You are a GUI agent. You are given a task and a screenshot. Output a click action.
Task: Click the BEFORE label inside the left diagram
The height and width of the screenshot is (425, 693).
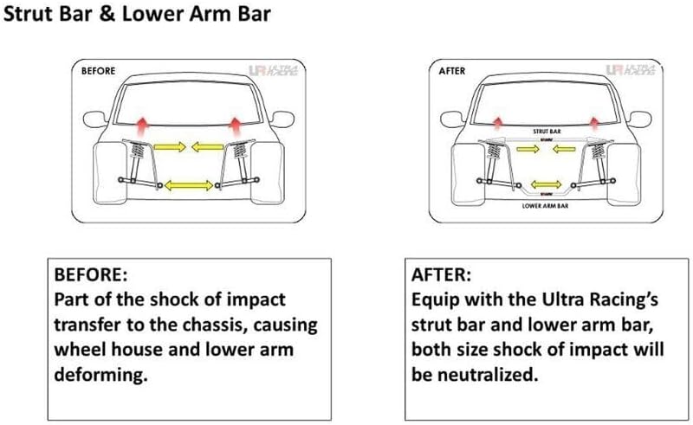98,71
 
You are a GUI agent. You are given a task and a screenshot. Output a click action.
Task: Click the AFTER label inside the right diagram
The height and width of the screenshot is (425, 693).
451,71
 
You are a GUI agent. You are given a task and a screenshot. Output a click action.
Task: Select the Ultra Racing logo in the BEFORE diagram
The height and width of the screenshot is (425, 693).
275,72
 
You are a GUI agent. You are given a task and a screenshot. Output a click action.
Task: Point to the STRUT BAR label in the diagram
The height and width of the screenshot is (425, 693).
546,132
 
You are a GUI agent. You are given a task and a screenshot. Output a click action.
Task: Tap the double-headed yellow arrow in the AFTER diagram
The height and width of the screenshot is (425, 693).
546,184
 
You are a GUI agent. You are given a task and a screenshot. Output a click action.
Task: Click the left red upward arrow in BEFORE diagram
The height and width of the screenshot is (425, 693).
141,119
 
